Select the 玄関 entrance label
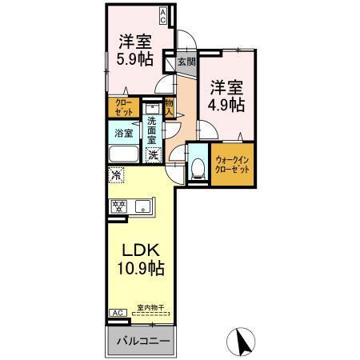point(186,61)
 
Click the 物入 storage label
point(170,108)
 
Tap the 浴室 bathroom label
point(123,134)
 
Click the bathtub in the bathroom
point(124,154)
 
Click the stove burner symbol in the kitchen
point(121,207)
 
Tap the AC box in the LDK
point(115,313)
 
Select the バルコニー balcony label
point(141,342)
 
